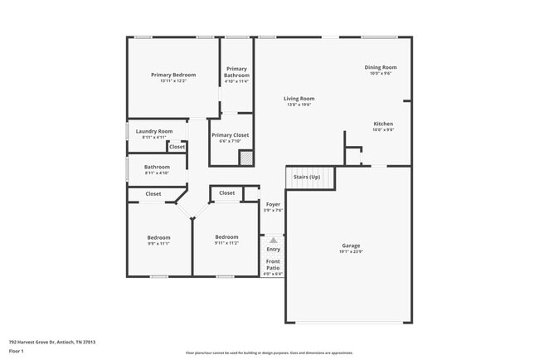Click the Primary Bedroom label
tap(173, 75)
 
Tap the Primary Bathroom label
tap(236, 72)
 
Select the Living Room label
tap(299, 99)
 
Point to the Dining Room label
tap(381, 67)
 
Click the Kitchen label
tap(383, 124)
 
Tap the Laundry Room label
tap(154, 131)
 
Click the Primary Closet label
tap(230, 135)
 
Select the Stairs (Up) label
tap(307, 177)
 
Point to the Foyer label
tap(274, 204)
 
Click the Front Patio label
tap(273, 265)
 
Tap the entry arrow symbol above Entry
tap(273, 240)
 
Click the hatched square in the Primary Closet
tap(245, 158)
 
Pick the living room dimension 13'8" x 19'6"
tap(299, 105)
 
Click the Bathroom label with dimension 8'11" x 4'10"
tap(157, 167)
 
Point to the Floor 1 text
tap(17, 351)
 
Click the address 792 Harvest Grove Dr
tap(52, 342)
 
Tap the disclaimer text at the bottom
tap(269, 353)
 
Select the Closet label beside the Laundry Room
tap(177, 147)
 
